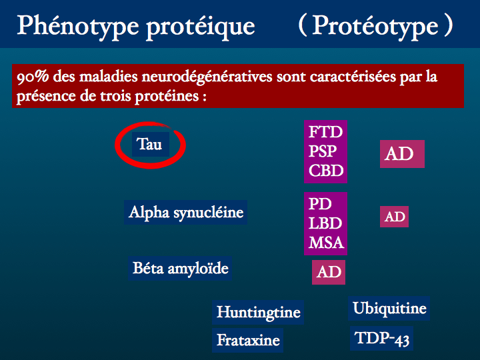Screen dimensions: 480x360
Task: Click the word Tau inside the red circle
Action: click(149, 144)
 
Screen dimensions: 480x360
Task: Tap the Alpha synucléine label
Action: click(185, 212)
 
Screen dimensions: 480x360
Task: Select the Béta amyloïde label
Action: click(180, 269)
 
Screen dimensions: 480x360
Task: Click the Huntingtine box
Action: click(258, 312)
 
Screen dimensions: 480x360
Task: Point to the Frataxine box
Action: click(247, 340)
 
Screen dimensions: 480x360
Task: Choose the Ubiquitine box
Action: click(389, 308)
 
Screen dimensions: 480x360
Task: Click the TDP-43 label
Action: click(382, 339)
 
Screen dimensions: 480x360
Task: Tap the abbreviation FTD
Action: click(325, 132)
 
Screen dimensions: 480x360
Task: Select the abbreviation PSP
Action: click(323, 151)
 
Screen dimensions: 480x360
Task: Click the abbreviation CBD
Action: click(326, 171)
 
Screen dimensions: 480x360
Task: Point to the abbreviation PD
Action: click(320, 204)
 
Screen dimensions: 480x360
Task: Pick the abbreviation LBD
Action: click(325, 223)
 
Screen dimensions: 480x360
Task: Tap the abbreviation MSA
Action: click(326, 243)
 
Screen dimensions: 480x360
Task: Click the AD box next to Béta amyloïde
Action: click(329, 272)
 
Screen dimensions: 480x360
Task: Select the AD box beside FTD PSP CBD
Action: click(402, 154)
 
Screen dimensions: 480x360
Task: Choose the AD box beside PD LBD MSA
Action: click(394, 217)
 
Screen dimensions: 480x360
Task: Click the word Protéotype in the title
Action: click(375, 26)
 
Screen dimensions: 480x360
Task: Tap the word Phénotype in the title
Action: click(78, 27)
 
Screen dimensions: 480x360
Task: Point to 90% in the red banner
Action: click(33, 77)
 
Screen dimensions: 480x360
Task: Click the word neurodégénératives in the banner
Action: click(207, 77)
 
